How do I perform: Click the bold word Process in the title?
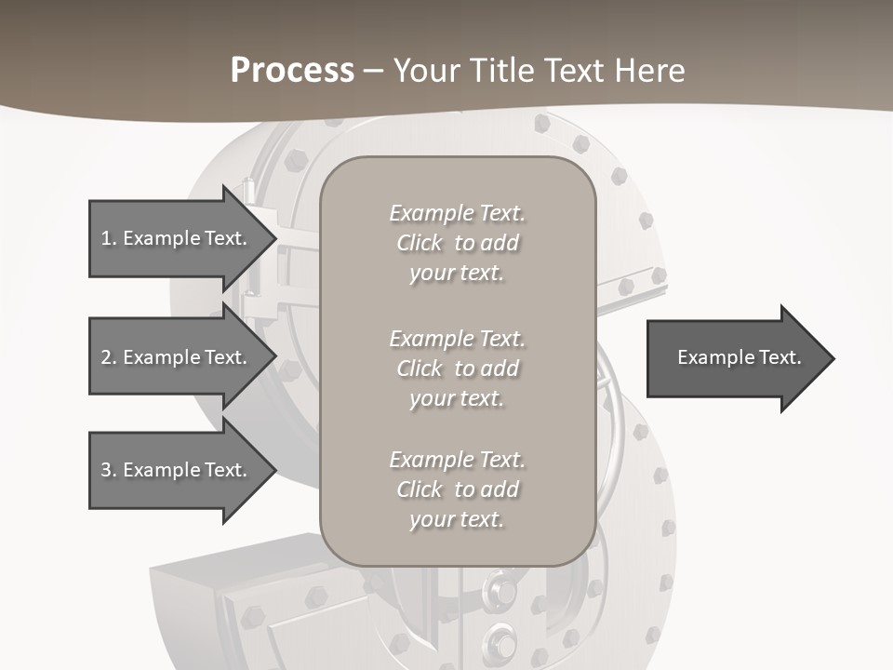coord(292,71)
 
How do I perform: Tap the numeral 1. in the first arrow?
coord(108,238)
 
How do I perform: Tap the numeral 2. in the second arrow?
coord(108,357)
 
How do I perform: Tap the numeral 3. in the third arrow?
coord(108,470)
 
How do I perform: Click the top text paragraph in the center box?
coord(457,243)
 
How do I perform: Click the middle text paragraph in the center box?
coord(457,368)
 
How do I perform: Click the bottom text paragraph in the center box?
coord(457,489)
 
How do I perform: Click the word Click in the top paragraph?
coord(420,243)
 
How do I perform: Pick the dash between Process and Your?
coord(373,71)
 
